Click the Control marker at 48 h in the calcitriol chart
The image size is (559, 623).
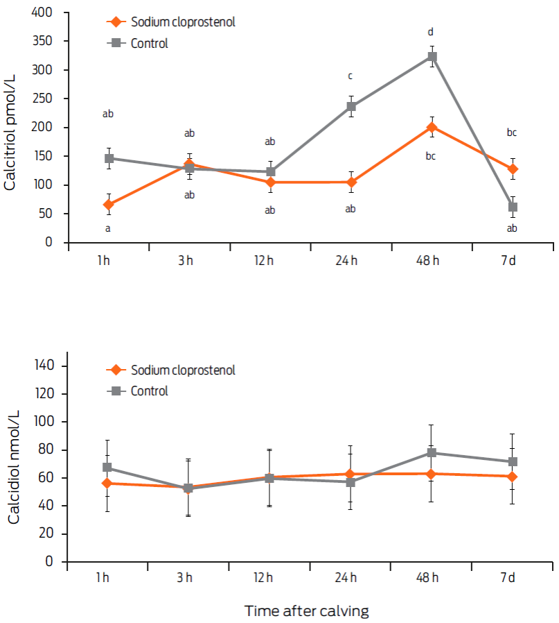(x=432, y=57)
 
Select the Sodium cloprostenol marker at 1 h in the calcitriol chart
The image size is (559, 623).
(x=108, y=205)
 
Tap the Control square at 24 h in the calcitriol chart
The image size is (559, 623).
(x=351, y=107)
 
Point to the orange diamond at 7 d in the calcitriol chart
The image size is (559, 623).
(x=513, y=169)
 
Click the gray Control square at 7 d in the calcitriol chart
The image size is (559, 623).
(x=513, y=207)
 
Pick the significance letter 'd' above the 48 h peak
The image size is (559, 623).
(x=431, y=32)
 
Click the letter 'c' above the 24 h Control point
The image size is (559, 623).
(x=351, y=76)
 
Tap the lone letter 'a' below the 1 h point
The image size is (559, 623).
(x=108, y=228)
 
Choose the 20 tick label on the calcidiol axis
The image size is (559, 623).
(x=57, y=534)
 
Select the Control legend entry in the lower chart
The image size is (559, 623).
(x=149, y=391)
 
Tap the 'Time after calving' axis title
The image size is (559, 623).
(x=306, y=611)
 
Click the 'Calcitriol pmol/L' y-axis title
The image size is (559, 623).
(x=12, y=128)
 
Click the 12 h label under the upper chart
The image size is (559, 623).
(x=269, y=260)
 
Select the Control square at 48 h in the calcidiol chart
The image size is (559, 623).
(x=431, y=453)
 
